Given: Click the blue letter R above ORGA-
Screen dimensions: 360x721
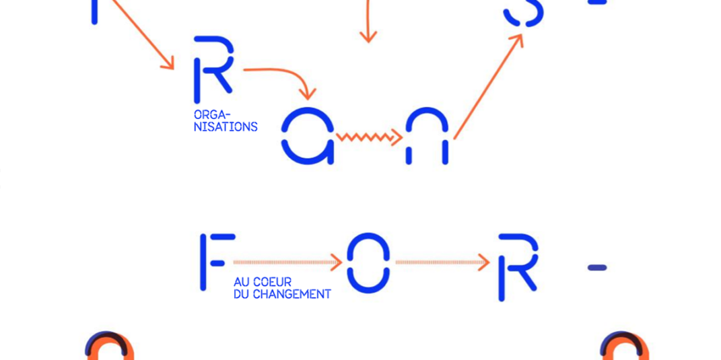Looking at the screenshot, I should pyautogui.click(x=213, y=65).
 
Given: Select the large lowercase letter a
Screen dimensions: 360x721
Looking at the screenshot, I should pyautogui.click(x=308, y=136).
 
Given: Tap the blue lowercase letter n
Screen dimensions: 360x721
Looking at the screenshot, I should pyautogui.click(x=427, y=137).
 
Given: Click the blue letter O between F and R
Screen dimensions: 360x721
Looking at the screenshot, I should pyautogui.click(x=368, y=263).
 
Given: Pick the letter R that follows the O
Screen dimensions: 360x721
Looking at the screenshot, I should pyautogui.click(x=517, y=266).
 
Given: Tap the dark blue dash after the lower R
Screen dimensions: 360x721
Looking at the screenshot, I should pyautogui.click(x=597, y=268).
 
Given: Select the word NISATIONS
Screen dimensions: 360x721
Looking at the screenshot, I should pyautogui.click(x=226, y=127).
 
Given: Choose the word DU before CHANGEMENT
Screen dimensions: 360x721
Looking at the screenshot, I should pyautogui.click(x=242, y=294).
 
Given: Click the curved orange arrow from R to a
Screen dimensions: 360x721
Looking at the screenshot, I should pyautogui.click(x=283, y=75).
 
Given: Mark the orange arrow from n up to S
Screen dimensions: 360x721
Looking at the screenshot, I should pyautogui.click(x=488, y=87).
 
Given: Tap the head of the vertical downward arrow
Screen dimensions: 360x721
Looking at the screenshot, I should pyautogui.click(x=368, y=37).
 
